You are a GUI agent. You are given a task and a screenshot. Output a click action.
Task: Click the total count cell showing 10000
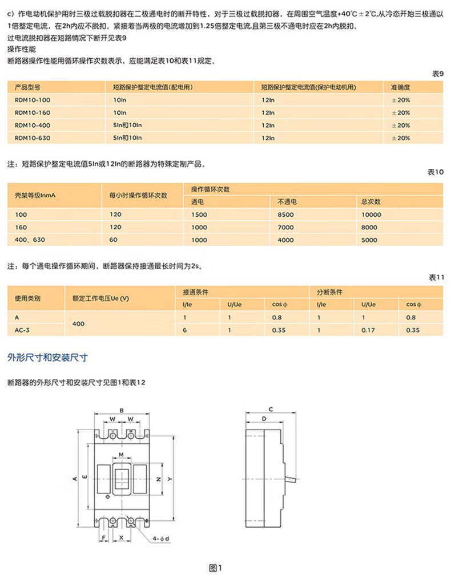click(x=371, y=214)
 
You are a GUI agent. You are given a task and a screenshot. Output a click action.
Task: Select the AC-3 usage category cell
click(x=23, y=330)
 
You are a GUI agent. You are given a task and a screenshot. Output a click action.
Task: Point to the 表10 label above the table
click(x=436, y=172)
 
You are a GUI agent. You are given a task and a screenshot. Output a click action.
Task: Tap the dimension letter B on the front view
click(x=122, y=411)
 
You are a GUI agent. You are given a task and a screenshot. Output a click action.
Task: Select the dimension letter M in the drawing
click(x=121, y=454)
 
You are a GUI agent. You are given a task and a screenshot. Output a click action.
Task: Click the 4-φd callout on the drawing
click(x=162, y=539)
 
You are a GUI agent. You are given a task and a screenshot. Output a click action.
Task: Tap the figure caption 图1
click(x=215, y=567)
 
